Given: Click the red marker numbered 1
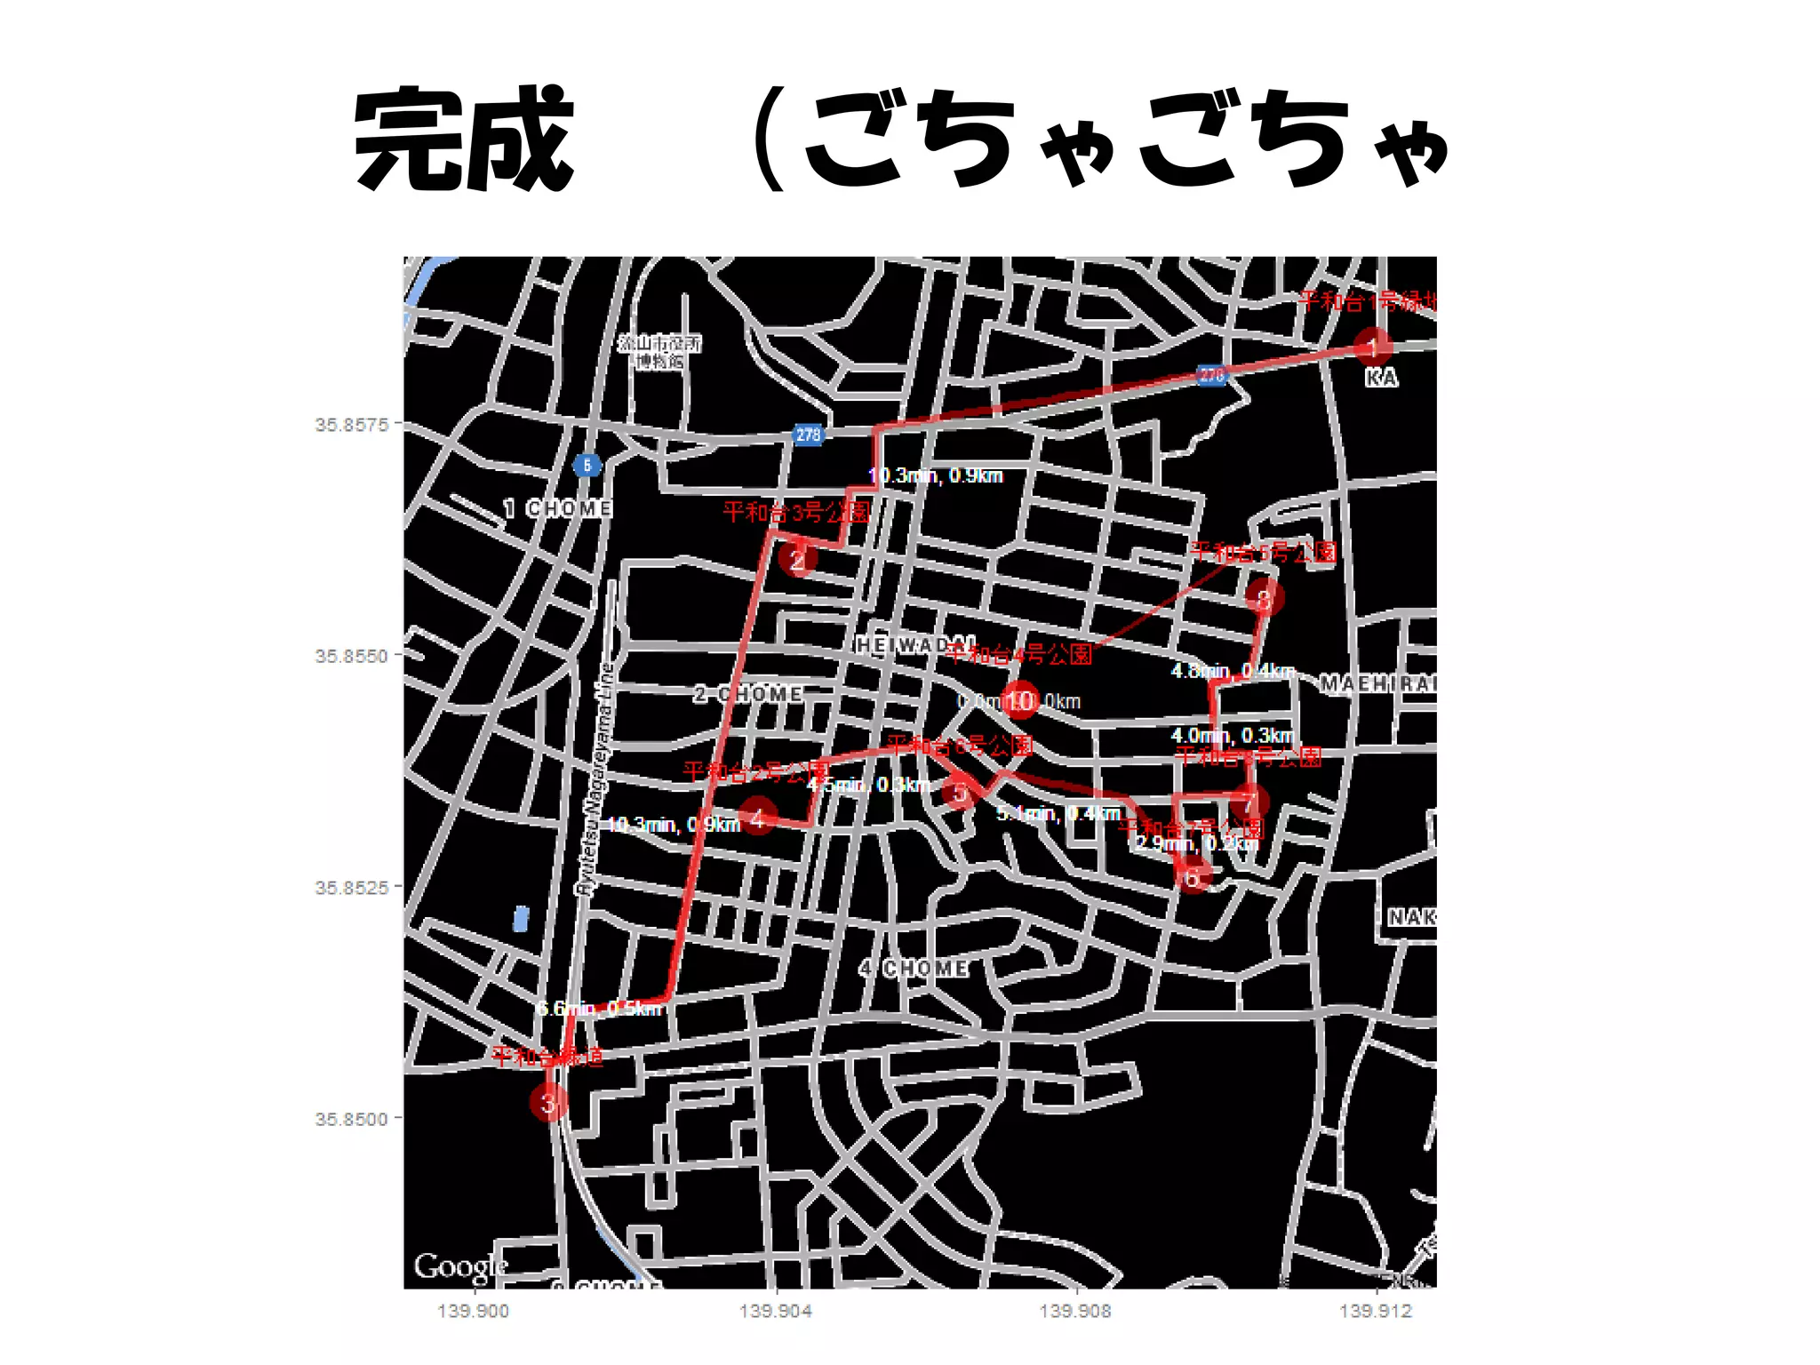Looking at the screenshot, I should [1372, 347].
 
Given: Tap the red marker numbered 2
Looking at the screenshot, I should [797, 560].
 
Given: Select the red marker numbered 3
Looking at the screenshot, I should [548, 1103].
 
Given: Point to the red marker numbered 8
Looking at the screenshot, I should [1264, 597].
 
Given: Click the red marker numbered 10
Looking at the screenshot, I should [1020, 700].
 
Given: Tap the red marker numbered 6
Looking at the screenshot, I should [1193, 877].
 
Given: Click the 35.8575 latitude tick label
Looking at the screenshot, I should [352, 425].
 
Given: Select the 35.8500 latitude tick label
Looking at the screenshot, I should [352, 1119].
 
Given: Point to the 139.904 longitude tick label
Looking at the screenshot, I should [776, 1311].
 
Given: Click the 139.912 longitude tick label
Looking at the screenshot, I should [1376, 1311].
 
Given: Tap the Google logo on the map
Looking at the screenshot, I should [460, 1265].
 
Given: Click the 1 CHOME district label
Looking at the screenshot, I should [558, 508].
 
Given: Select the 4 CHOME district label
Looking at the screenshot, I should [914, 968].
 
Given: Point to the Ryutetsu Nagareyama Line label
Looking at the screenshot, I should [595, 778].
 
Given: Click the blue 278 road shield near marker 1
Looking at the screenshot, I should [1212, 375].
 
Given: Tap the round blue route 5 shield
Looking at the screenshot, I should [587, 465].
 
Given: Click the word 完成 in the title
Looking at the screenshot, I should [464, 140].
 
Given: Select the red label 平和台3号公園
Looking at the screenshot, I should [795, 512].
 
